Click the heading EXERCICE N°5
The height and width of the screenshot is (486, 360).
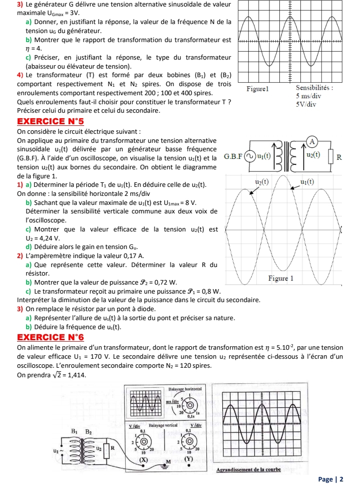click(x=51, y=121)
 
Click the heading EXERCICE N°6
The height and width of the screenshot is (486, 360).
click(x=51, y=337)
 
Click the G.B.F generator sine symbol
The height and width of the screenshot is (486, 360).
click(x=249, y=156)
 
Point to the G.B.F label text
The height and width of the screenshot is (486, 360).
click(x=233, y=156)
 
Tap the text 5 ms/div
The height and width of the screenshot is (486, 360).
click(x=308, y=96)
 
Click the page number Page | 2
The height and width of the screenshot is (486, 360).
click(x=331, y=479)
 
